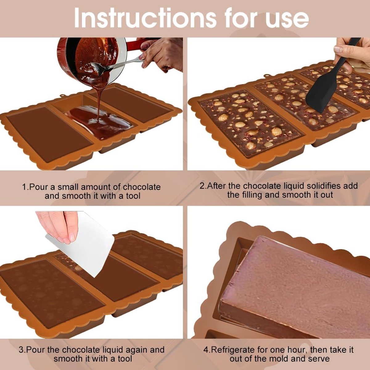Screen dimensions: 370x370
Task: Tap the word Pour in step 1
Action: click(40, 187)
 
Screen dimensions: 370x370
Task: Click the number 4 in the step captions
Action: click(206, 350)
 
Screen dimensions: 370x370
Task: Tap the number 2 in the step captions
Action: click(202, 186)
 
